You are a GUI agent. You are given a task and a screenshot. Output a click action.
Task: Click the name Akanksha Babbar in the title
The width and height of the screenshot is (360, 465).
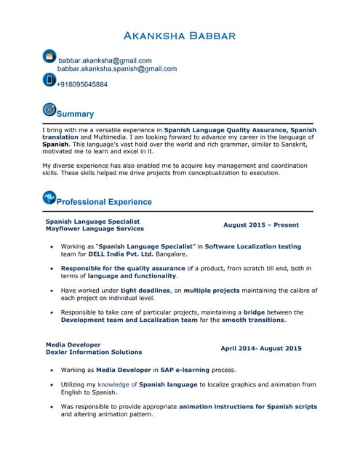(180, 36)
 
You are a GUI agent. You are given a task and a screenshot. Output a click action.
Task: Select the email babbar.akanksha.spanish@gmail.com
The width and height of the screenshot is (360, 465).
(117, 69)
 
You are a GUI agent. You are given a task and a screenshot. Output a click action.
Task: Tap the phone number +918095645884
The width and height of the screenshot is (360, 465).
(81, 85)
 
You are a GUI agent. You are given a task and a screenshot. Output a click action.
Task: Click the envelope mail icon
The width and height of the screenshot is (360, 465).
(49, 56)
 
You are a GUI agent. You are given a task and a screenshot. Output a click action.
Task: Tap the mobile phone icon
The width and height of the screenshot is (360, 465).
(49, 80)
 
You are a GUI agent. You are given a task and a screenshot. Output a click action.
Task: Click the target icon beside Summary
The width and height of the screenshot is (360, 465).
(49, 110)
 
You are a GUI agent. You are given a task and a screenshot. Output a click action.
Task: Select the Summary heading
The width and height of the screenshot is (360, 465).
(75, 114)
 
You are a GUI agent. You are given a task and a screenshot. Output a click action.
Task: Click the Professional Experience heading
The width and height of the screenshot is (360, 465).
(104, 202)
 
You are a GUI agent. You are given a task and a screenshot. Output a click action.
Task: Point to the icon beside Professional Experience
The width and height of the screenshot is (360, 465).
(49, 197)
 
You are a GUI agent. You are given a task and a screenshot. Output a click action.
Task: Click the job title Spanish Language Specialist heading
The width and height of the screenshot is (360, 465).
(92, 221)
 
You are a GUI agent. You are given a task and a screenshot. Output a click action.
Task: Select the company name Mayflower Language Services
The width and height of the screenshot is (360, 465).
(95, 229)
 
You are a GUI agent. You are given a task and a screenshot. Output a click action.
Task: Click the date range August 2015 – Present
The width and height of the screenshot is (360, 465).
(260, 225)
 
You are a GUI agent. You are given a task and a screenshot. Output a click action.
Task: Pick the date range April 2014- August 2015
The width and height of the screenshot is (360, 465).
(260, 349)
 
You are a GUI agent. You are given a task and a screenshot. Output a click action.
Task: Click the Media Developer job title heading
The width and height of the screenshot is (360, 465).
(73, 344)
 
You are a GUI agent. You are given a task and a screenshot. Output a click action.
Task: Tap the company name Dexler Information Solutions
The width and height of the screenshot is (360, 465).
(94, 352)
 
